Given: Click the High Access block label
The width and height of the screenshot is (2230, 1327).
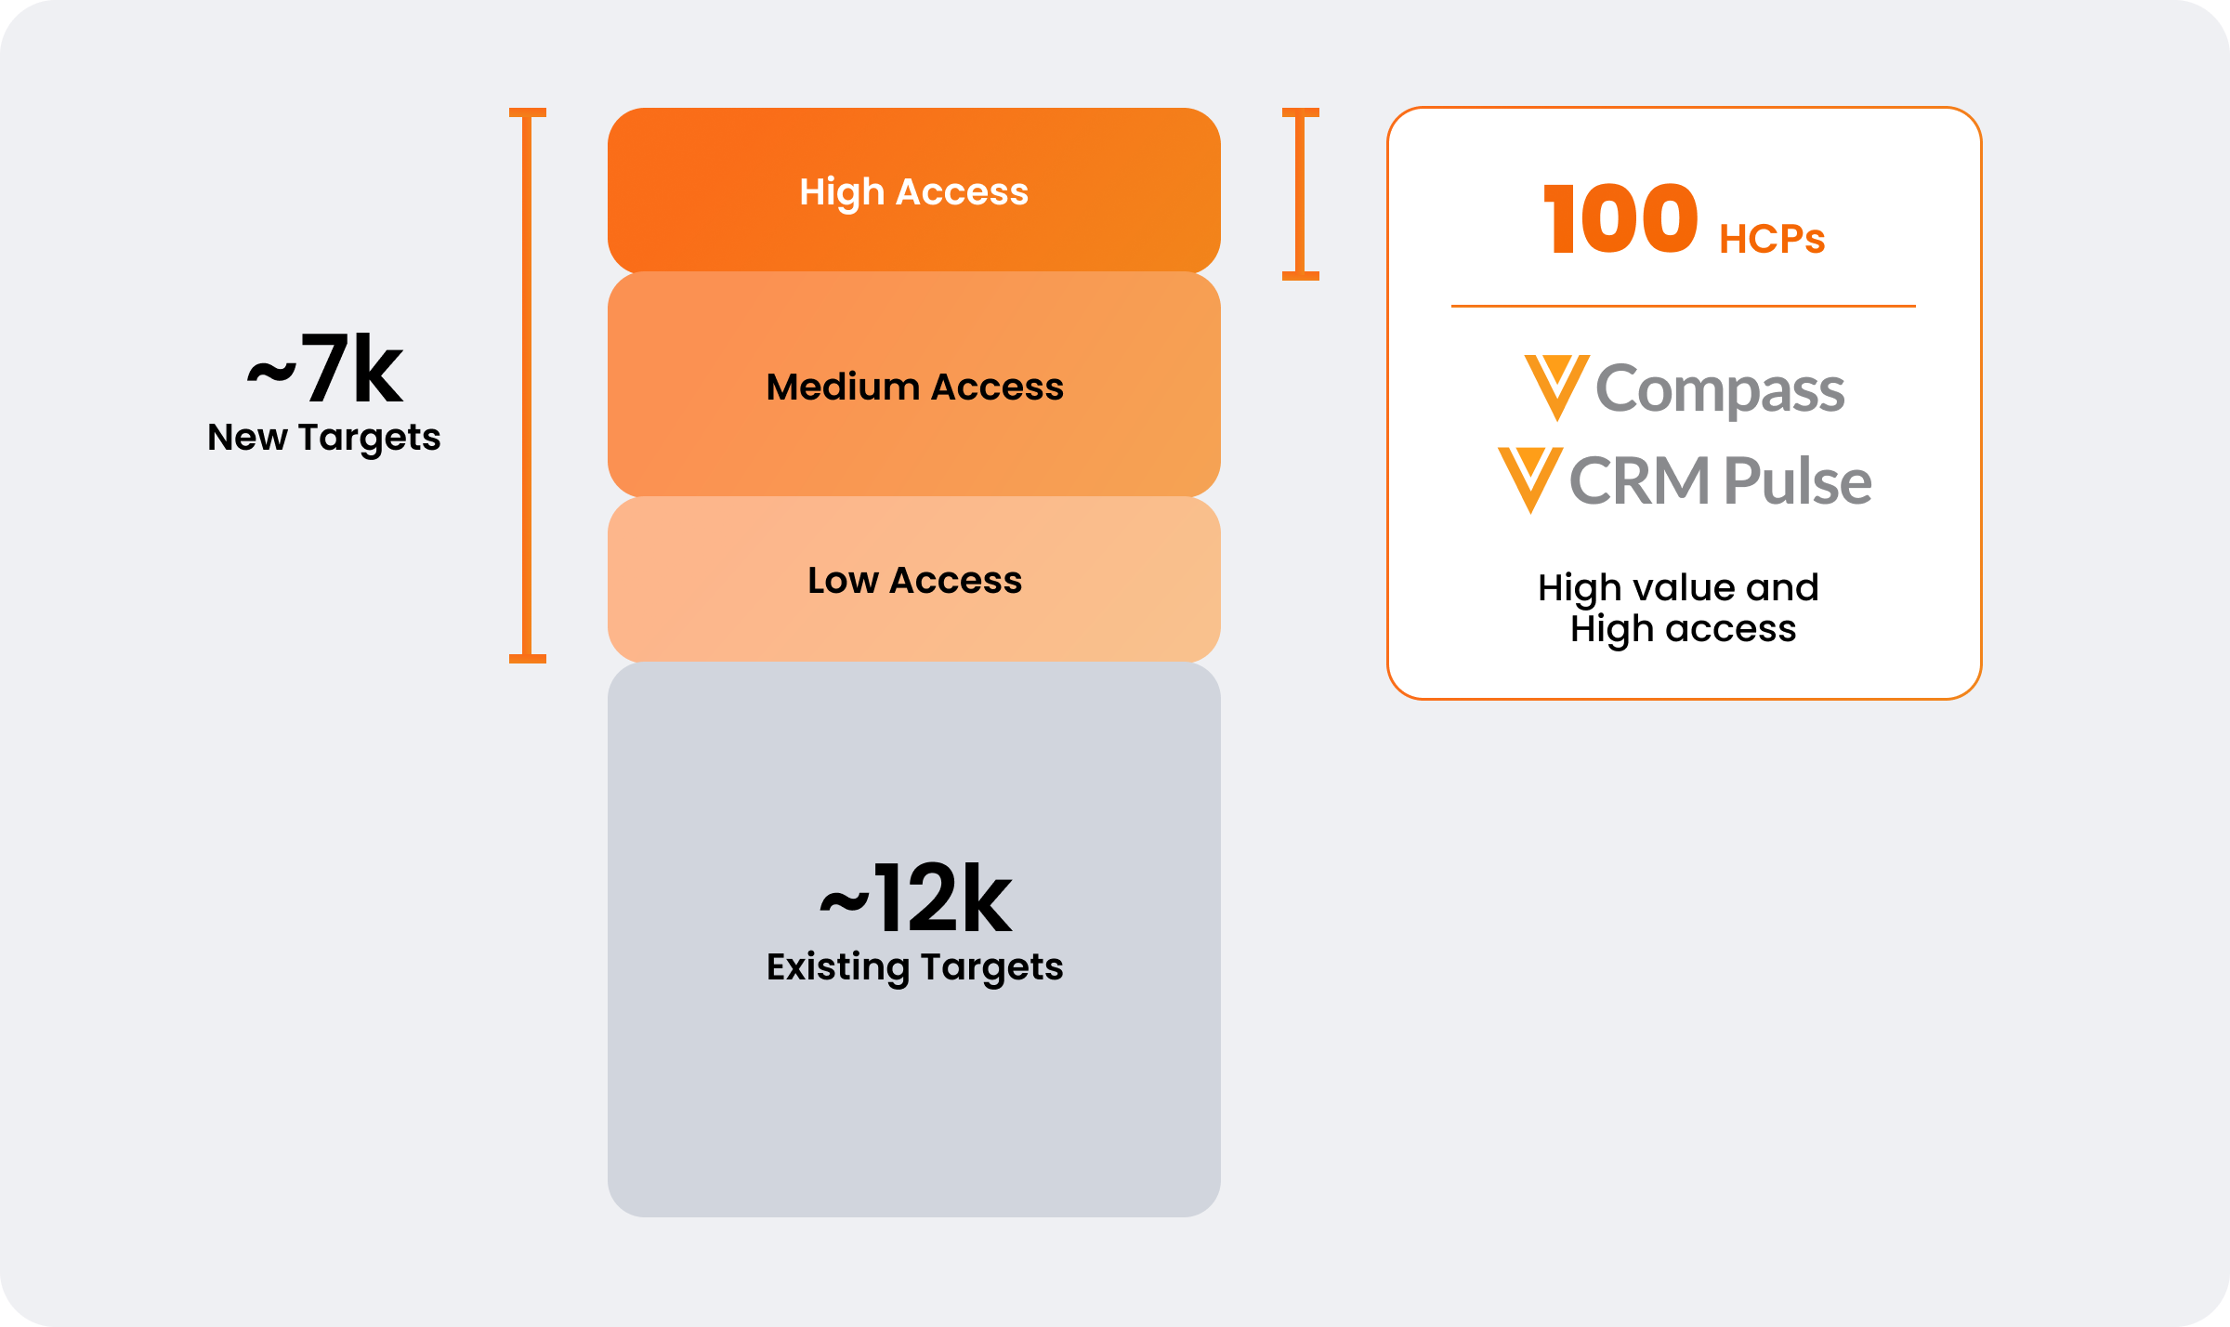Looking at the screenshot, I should click(x=914, y=192).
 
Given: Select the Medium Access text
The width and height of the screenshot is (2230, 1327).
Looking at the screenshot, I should click(x=914, y=387).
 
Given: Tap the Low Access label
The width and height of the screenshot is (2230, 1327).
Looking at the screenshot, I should click(x=914, y=581).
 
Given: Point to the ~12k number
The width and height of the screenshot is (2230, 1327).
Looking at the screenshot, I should click(x=916, y=900).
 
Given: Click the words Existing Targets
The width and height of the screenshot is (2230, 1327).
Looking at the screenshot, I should click(x=914, y=967).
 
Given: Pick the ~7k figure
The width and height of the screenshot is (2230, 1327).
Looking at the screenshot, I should click(x=325, y=371).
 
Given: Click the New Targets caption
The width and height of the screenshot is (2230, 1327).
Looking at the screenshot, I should click(x=323, y=438).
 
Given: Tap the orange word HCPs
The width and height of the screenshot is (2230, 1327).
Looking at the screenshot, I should click(x=1772, y=239).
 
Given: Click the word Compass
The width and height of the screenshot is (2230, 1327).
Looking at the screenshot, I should click(x=1720, y=389).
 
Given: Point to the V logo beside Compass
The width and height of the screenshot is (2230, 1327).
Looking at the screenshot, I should click(x=1556, y=387).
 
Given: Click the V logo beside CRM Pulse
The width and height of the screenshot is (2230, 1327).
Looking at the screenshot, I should click(x=1529, y=480).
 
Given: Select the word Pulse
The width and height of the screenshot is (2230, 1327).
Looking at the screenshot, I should click(x=1797, y=481).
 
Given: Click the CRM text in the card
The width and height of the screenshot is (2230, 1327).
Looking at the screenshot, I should click(x=1639, y=481).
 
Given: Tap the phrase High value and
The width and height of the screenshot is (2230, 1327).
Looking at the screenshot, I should click(x=1678, y=587).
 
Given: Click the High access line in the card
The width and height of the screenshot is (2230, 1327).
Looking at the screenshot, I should click(x=1683, y=629).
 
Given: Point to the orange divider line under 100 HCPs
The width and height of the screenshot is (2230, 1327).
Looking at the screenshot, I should click(x=1683, y=306).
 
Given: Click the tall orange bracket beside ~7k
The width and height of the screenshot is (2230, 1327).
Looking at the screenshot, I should click(x=528, y=385).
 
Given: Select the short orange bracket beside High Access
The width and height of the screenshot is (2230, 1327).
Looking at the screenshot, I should click(x=1300, y=193).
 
